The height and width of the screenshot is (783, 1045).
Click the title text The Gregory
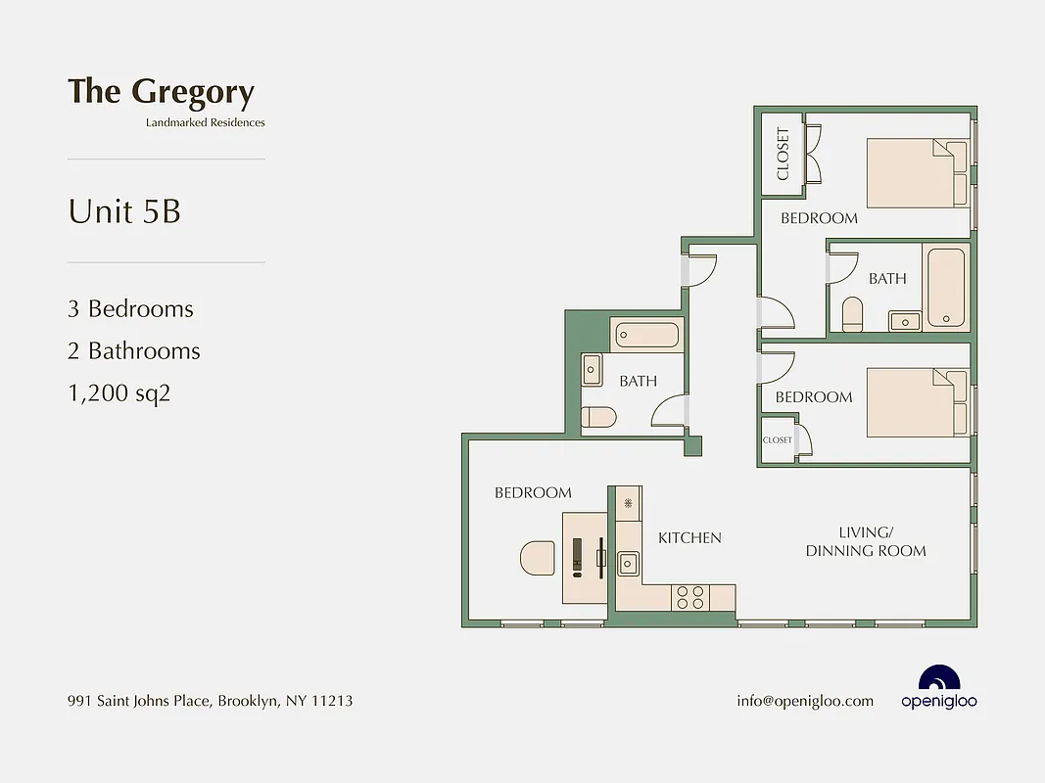[161, 92]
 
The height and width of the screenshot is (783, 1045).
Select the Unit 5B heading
[124, 211]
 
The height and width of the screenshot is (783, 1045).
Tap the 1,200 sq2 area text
[119, 393]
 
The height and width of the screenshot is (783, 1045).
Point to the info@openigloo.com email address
[804, 701]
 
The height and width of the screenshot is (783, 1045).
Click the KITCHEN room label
[689, 537]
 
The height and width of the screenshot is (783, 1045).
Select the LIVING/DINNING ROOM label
[866, 541]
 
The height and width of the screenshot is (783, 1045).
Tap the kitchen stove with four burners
[689, 597]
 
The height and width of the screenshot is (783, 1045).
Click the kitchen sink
[628, 563]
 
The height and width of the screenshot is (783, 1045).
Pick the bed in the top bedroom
[917, 173]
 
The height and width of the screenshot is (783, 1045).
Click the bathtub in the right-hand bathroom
[946, 288]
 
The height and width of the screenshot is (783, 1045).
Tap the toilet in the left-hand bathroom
[597, 418]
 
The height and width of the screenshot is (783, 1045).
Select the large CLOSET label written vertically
[783, 155]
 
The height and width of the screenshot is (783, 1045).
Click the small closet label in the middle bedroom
[778, 440]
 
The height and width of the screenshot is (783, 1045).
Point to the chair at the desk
[538, 559]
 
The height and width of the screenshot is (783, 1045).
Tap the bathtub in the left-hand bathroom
[646, 336]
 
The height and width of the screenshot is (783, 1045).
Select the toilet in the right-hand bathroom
[852, 315]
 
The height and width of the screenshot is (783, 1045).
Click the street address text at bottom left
[210, 701]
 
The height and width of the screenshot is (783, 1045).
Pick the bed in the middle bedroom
[917, 402]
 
